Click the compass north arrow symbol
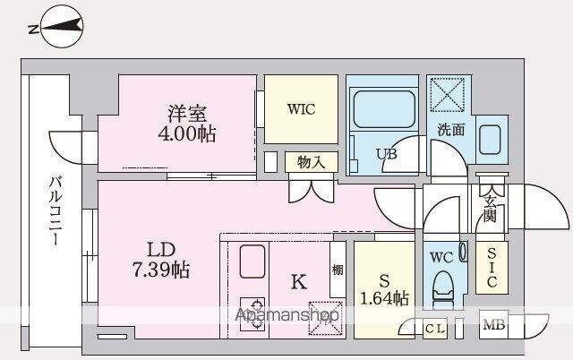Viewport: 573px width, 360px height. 62,26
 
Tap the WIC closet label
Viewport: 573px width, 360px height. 301,109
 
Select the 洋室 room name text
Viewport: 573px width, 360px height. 187,113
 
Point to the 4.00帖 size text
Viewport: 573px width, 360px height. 187,133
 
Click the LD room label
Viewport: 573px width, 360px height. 161,250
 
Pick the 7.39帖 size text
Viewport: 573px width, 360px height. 161,270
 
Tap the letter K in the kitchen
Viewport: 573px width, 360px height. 298,282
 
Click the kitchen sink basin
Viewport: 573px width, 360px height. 252,261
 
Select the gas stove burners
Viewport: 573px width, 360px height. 252,314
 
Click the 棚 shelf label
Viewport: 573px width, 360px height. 338,270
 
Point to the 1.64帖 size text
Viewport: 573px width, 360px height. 384,298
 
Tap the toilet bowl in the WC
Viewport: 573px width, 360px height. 443,287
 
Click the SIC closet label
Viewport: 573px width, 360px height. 492,267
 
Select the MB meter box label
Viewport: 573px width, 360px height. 494,324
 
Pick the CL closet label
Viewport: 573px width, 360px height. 435,329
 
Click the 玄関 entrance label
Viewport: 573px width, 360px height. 490,209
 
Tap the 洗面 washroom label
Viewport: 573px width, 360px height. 451,129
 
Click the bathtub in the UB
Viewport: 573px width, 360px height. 384,109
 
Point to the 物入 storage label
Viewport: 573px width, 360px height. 311,162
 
